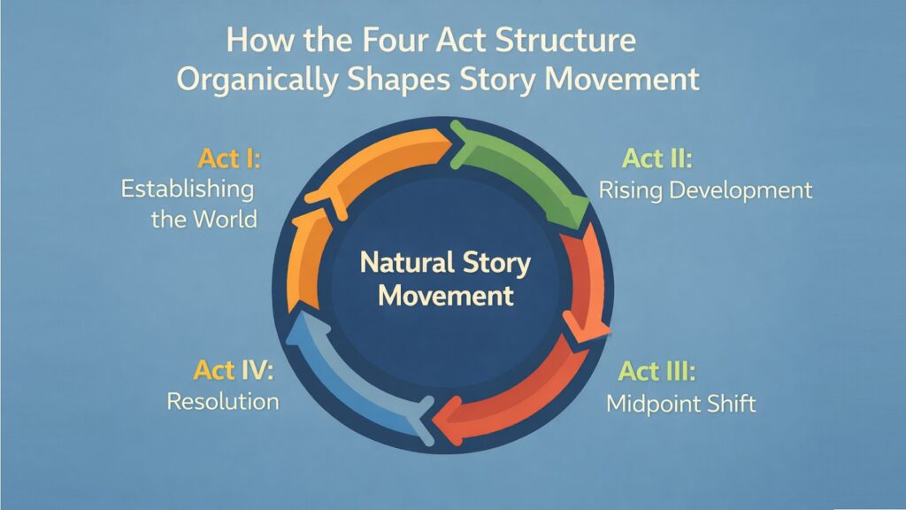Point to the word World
point(226,218)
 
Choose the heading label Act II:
point(656,159)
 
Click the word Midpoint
point(651,404)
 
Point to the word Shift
point(730,404)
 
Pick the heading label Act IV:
point(234,370)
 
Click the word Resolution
point(223,401)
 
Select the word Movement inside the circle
point(446,295)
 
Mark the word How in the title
point(257,41)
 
